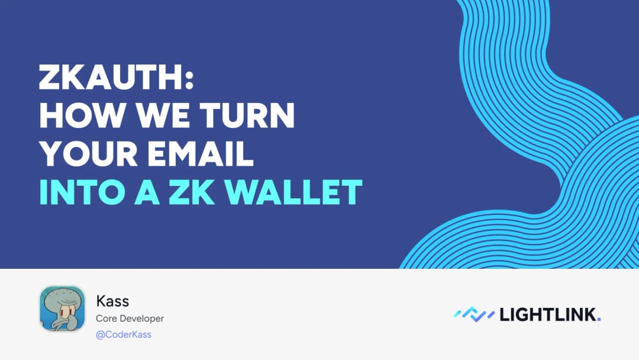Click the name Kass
coord(112,301)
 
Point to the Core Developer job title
coord(130,319)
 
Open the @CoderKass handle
coord(124,335)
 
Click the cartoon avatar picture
coord(62,308)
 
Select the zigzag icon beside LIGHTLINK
coord(474,314)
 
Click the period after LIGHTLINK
coord(599,320)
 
